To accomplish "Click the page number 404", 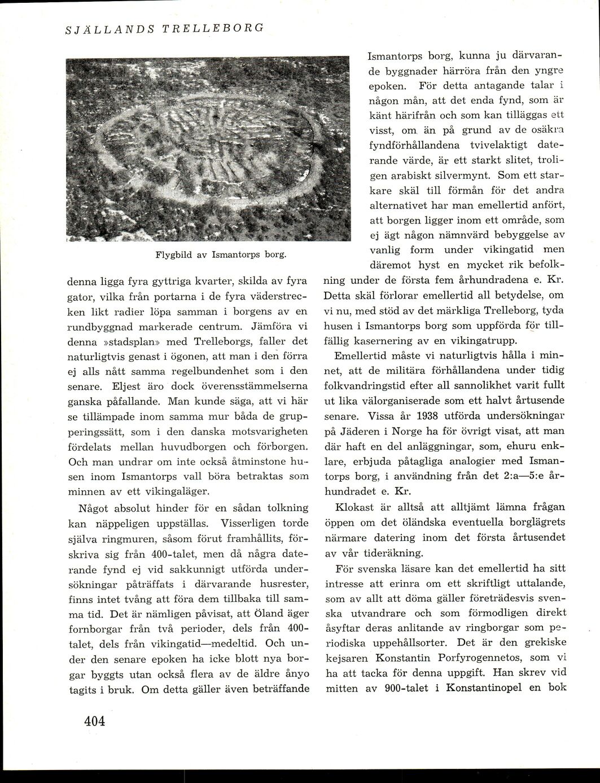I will click(x=95, y=722).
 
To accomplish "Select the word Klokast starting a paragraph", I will click(x=354, y=506).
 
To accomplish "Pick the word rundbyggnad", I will click(x=106, y=325).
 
